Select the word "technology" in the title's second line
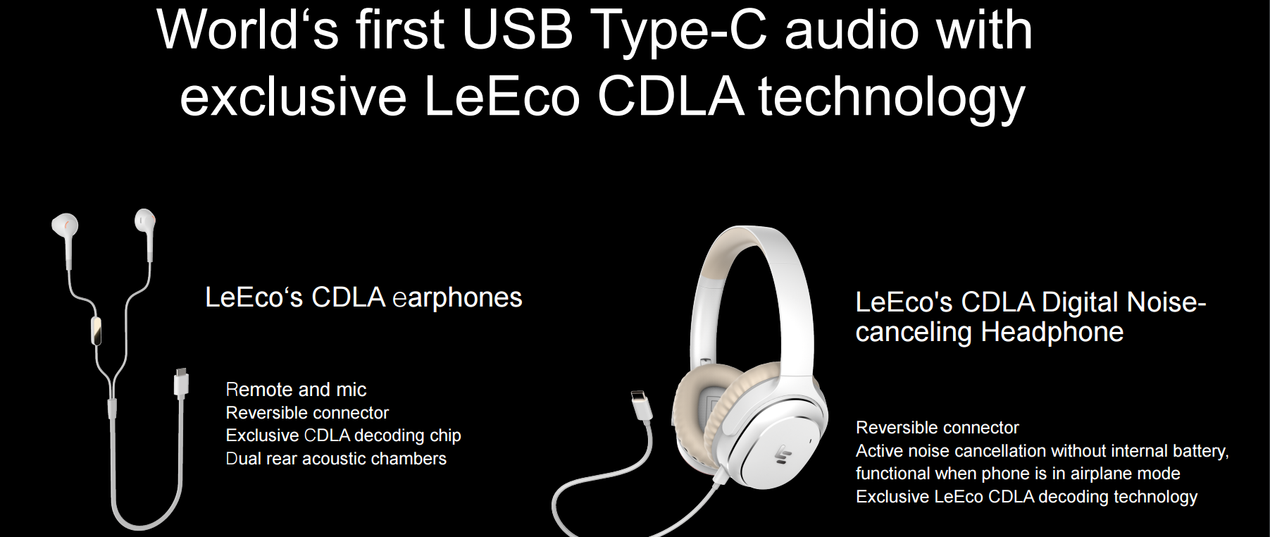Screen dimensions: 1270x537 tap(891, 97)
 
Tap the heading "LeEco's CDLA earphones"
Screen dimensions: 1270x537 tap(363, 297)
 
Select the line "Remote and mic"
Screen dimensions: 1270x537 tap(296, 389)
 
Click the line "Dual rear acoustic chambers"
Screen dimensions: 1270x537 tap(336, 459)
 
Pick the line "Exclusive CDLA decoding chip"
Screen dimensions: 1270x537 tap(343, 436)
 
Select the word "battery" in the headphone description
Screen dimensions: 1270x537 tap(1200, 451)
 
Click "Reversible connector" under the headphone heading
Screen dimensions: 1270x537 tap(938, 428)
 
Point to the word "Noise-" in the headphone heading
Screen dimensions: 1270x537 tap(1166, 302)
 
